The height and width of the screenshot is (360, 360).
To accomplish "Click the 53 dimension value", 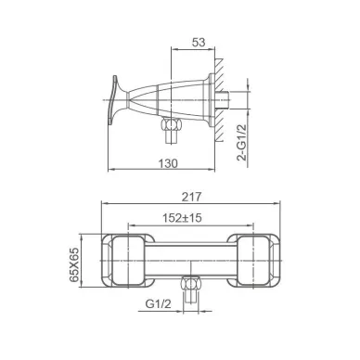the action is [x=199, y=42].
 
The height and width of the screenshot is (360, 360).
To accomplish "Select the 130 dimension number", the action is [x=168, y=163].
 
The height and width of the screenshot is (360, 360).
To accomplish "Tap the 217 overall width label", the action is [x=191, y=197].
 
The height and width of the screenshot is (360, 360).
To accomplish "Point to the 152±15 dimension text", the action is [x=182, y=218].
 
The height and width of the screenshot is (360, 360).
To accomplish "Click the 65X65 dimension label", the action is [x=74, y=264].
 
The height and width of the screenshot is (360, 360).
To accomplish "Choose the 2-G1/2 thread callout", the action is [x=242, y=142].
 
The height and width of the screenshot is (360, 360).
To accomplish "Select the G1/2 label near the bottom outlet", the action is [x=158, y=304].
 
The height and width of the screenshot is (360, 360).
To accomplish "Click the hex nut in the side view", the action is [x=172, y=124].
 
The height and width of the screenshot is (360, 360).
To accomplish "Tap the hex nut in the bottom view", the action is [x=191, y=283].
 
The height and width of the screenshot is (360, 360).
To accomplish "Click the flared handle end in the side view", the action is [x=116, y=100].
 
